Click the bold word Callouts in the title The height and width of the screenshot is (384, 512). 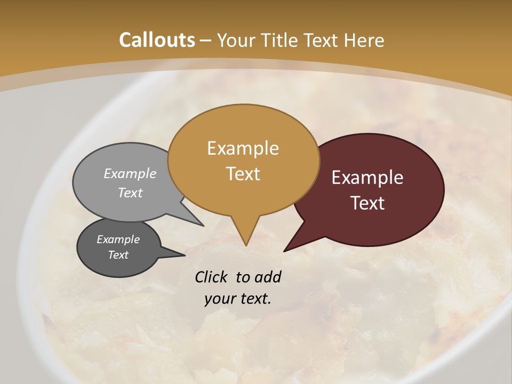[157, 40]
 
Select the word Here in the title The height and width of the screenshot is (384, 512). [364, 40]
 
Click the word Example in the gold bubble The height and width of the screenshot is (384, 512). [243, 148]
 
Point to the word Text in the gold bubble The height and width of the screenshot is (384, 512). [243, 174]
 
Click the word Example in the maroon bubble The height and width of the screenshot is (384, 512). [367, 178]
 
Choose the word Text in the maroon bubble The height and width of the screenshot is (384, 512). [367, 203]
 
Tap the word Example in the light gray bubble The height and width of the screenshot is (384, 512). [130, 173]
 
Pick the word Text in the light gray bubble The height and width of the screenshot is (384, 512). [130, 193]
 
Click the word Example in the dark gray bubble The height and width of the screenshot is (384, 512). [118, 239]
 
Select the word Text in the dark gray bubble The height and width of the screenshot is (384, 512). [118, 255]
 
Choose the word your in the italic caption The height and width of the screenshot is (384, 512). [219, 299]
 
